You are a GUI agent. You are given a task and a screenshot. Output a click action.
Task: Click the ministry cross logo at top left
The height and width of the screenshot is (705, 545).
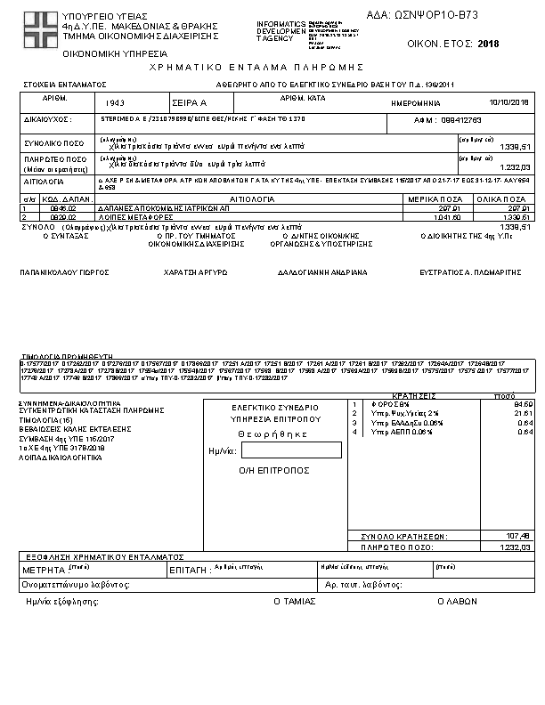(x=38, y=27)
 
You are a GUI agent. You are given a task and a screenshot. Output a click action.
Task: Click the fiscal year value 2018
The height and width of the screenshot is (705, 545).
(x=489, y=43)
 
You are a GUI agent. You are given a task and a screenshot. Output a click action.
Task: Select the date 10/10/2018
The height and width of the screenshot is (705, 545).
(x=509, y=102)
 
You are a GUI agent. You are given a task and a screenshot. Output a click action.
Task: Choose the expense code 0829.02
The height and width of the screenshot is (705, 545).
(x=56, y=216)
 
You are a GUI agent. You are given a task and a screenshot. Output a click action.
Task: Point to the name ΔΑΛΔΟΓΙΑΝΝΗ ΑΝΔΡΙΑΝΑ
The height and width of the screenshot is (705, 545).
(x=321, y=272)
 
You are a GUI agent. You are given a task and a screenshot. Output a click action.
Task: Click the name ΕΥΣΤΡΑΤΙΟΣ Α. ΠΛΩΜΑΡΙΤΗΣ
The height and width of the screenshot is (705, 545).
(x=470, y=272)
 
